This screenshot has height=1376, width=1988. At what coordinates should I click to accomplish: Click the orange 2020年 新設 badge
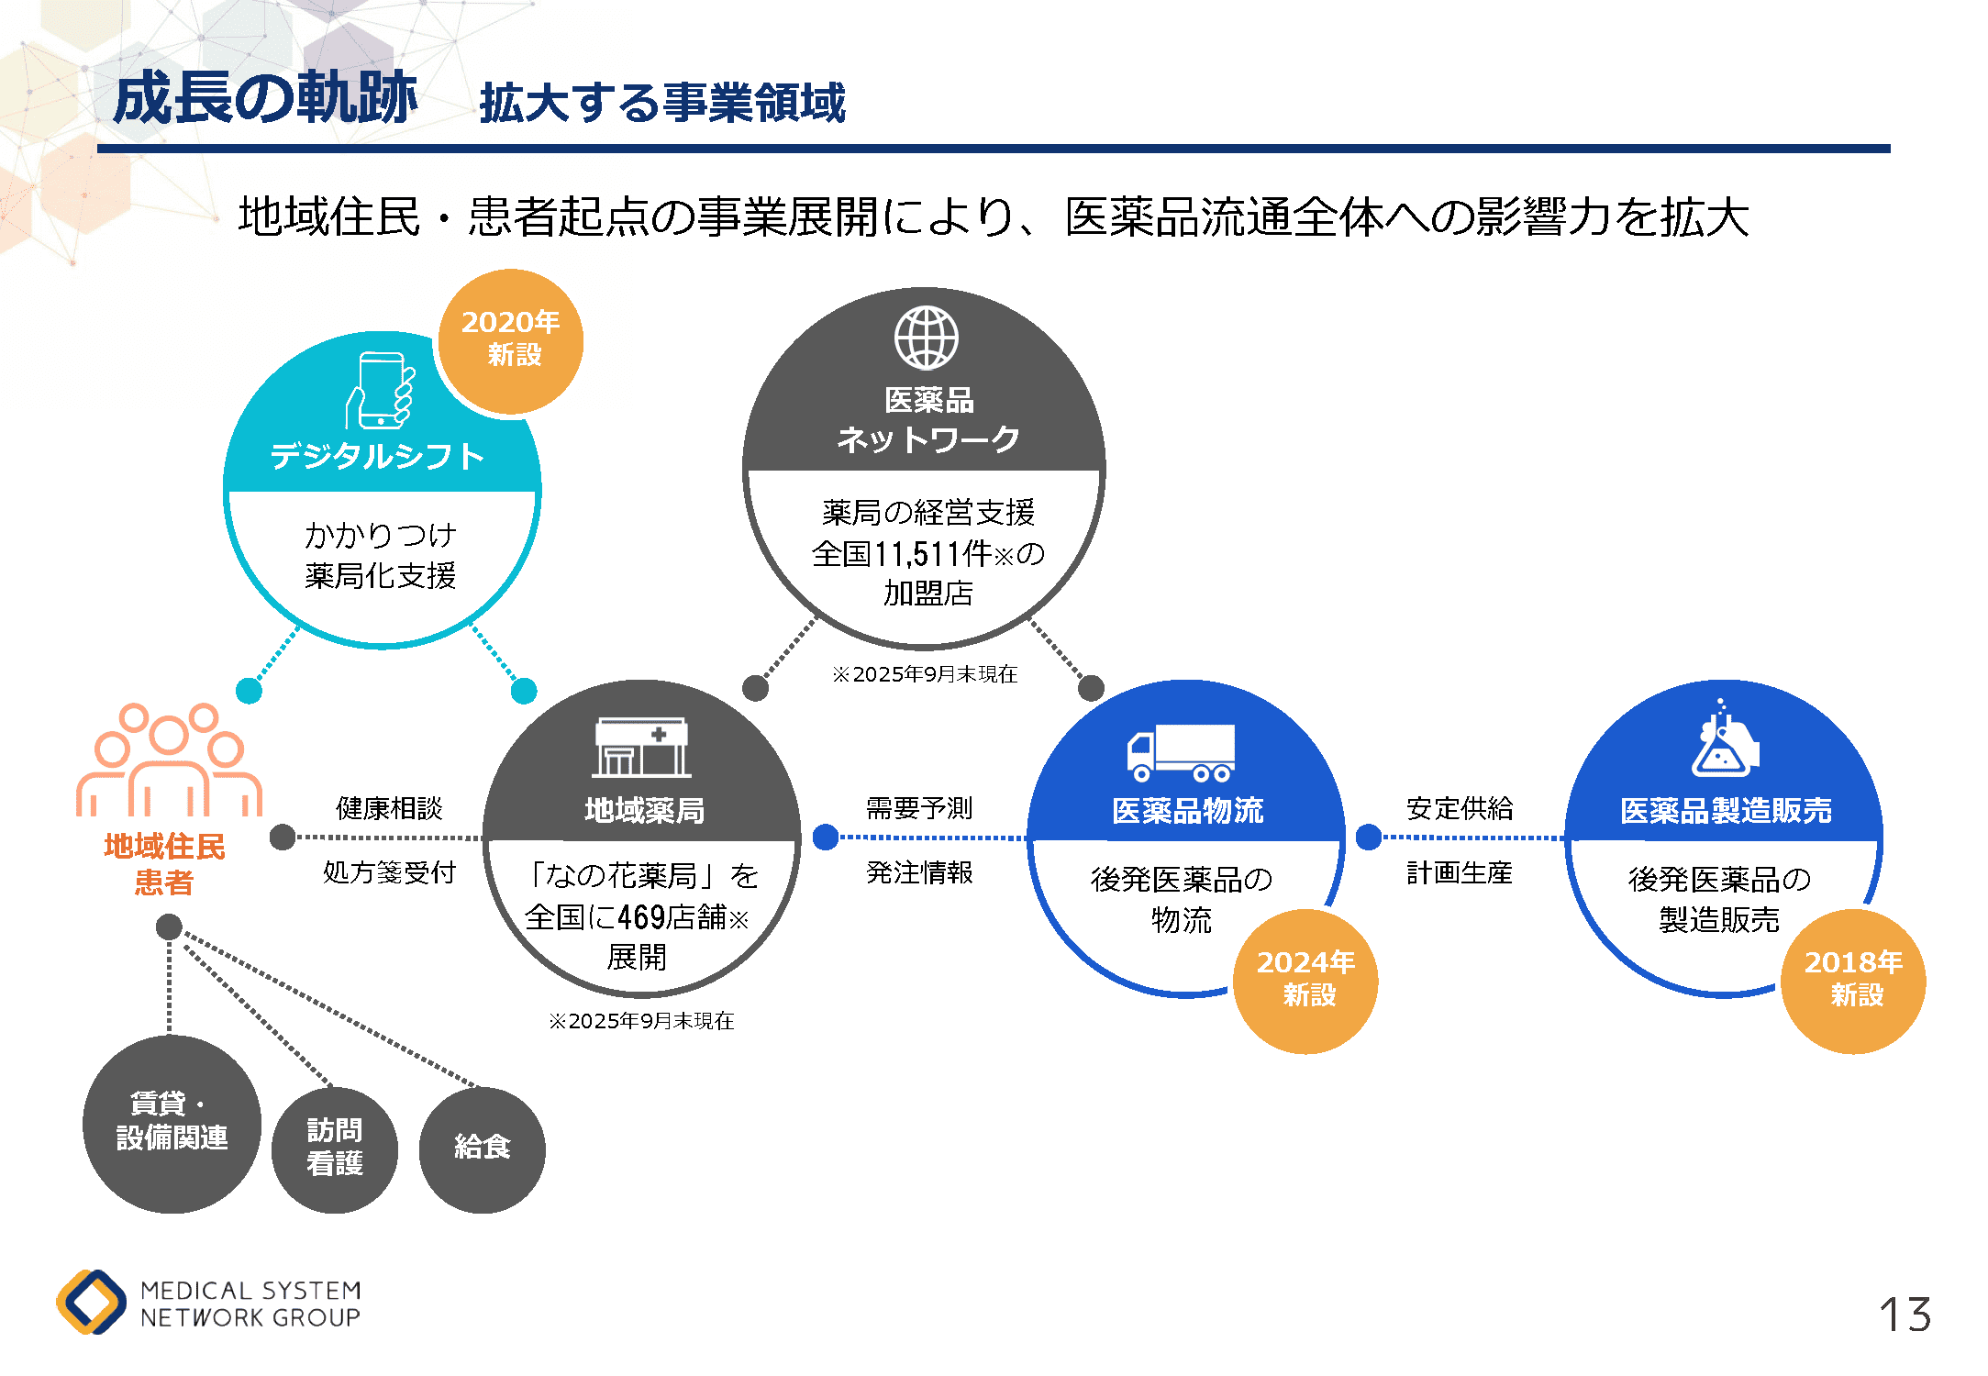(x=511, y=341)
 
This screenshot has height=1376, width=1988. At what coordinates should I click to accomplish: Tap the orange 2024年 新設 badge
(x=1305, y=981)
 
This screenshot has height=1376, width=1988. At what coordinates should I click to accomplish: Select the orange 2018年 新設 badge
(x=1853, y=981)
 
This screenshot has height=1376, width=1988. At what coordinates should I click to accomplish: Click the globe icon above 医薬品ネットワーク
(x=927, y=338)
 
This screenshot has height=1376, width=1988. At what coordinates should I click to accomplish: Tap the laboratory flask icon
(x=1723, y=740)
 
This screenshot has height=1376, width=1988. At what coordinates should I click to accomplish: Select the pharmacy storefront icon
(x=641, y=747)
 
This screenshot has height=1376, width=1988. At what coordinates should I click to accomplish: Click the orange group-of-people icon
(x=169, y=760)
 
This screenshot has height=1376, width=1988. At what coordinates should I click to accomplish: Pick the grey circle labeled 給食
(x=482, y=1149)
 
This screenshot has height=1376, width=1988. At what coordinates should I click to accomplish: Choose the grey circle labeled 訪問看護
(x=335, y=1149)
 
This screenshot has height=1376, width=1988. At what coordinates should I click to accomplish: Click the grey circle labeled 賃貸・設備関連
(x=172, y=1124)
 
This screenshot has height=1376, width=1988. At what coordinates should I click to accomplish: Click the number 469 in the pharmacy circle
(x=641, y=916)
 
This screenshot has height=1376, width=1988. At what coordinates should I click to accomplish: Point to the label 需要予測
(x=919, y=808)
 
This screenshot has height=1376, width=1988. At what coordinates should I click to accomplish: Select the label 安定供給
(x=1460, y=808)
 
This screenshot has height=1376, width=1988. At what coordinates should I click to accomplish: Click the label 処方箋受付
(x=389, y=872)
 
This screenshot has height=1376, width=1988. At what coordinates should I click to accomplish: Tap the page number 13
(x=1905, y=1315)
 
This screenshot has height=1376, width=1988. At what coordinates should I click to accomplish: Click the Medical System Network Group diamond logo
(x=91, y=1302)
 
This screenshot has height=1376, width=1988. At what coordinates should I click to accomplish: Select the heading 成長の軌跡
(x=265, y=98)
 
